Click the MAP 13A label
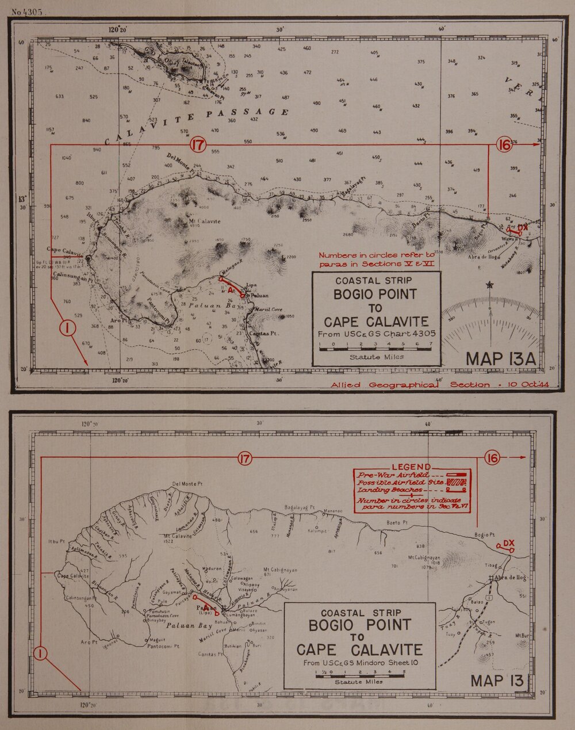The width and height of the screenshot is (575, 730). pos(500,358)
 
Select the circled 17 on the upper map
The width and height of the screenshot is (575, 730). pos(198,145)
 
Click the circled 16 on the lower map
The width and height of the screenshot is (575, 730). pos(492,458)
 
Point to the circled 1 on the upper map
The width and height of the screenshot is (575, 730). pos(67,328)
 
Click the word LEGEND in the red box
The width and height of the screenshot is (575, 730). pos(411,467)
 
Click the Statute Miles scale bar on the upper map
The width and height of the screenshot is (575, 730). pos(376,347)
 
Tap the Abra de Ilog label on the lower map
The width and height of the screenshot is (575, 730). pos(510,577)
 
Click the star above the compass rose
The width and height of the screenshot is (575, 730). pos(490,285)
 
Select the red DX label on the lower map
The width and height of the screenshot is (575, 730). pos(508,542)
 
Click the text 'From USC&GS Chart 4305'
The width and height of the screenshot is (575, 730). pos(377,333)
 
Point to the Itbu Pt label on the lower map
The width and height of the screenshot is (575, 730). pos(56,541)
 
